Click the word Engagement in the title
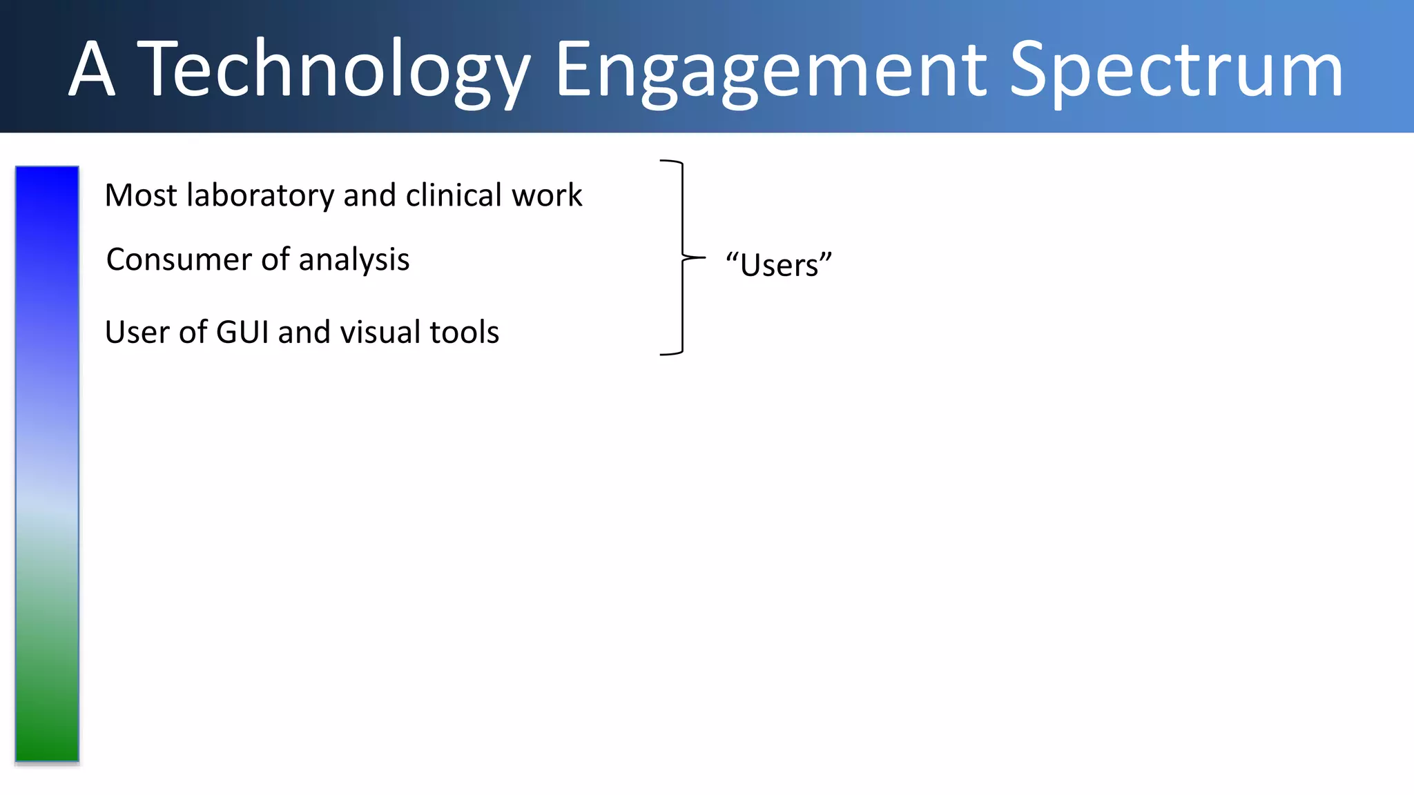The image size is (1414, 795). (x=771, y=69)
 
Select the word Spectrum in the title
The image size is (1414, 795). (x=1176, y=69)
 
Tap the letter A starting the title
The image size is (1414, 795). (x=91, y=69)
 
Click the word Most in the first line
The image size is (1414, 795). (x=141, y=195)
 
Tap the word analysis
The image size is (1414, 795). (x=353, y=259)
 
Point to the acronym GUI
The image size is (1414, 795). (x=242, y=332)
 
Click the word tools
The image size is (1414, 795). (x=464, y=332)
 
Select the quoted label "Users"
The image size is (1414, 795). (x=779, y=265)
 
